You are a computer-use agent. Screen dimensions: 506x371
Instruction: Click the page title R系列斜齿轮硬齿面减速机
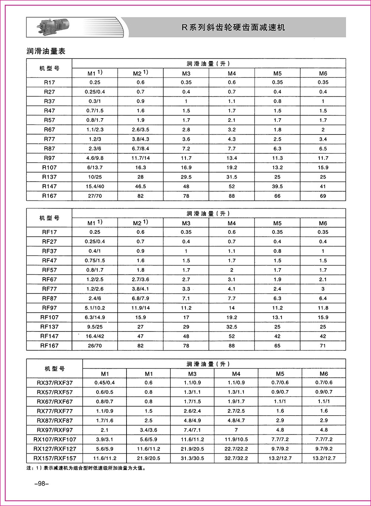[x=233, y=27]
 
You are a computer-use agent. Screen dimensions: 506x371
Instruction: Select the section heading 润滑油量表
[x=46, y=51]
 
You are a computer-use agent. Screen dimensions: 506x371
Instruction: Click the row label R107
[x=49, y=167]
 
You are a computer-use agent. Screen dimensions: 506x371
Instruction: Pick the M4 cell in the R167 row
[x=232, y=196]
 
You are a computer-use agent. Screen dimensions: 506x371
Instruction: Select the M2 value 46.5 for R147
[x=140, y=186]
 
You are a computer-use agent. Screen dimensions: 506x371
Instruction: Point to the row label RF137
[x=49, y=327]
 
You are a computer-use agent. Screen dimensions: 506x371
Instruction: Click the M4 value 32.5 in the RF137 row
[x=232, y=327]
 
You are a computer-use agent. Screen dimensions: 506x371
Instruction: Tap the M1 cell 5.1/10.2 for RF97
[x=95, y=308]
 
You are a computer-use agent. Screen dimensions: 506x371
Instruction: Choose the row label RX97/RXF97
[x=55, y=430]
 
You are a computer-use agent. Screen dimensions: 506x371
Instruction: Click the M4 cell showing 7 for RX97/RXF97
[x=236, y=430]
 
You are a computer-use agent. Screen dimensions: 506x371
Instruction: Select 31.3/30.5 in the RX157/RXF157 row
[x=192, y=458]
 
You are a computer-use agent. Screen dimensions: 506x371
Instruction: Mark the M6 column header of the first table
[x=323, y=73]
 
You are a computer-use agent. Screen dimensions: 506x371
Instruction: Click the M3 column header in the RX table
[x=192, y=374]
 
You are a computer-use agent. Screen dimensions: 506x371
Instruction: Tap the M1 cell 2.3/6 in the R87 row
[x=95, y=149]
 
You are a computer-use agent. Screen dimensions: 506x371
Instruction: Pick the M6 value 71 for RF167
[x=323, y=346]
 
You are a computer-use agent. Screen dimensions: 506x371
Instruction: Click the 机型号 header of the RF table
[x=49, y=218]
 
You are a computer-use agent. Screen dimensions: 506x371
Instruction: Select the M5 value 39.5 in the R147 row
[x=277, y=186]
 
